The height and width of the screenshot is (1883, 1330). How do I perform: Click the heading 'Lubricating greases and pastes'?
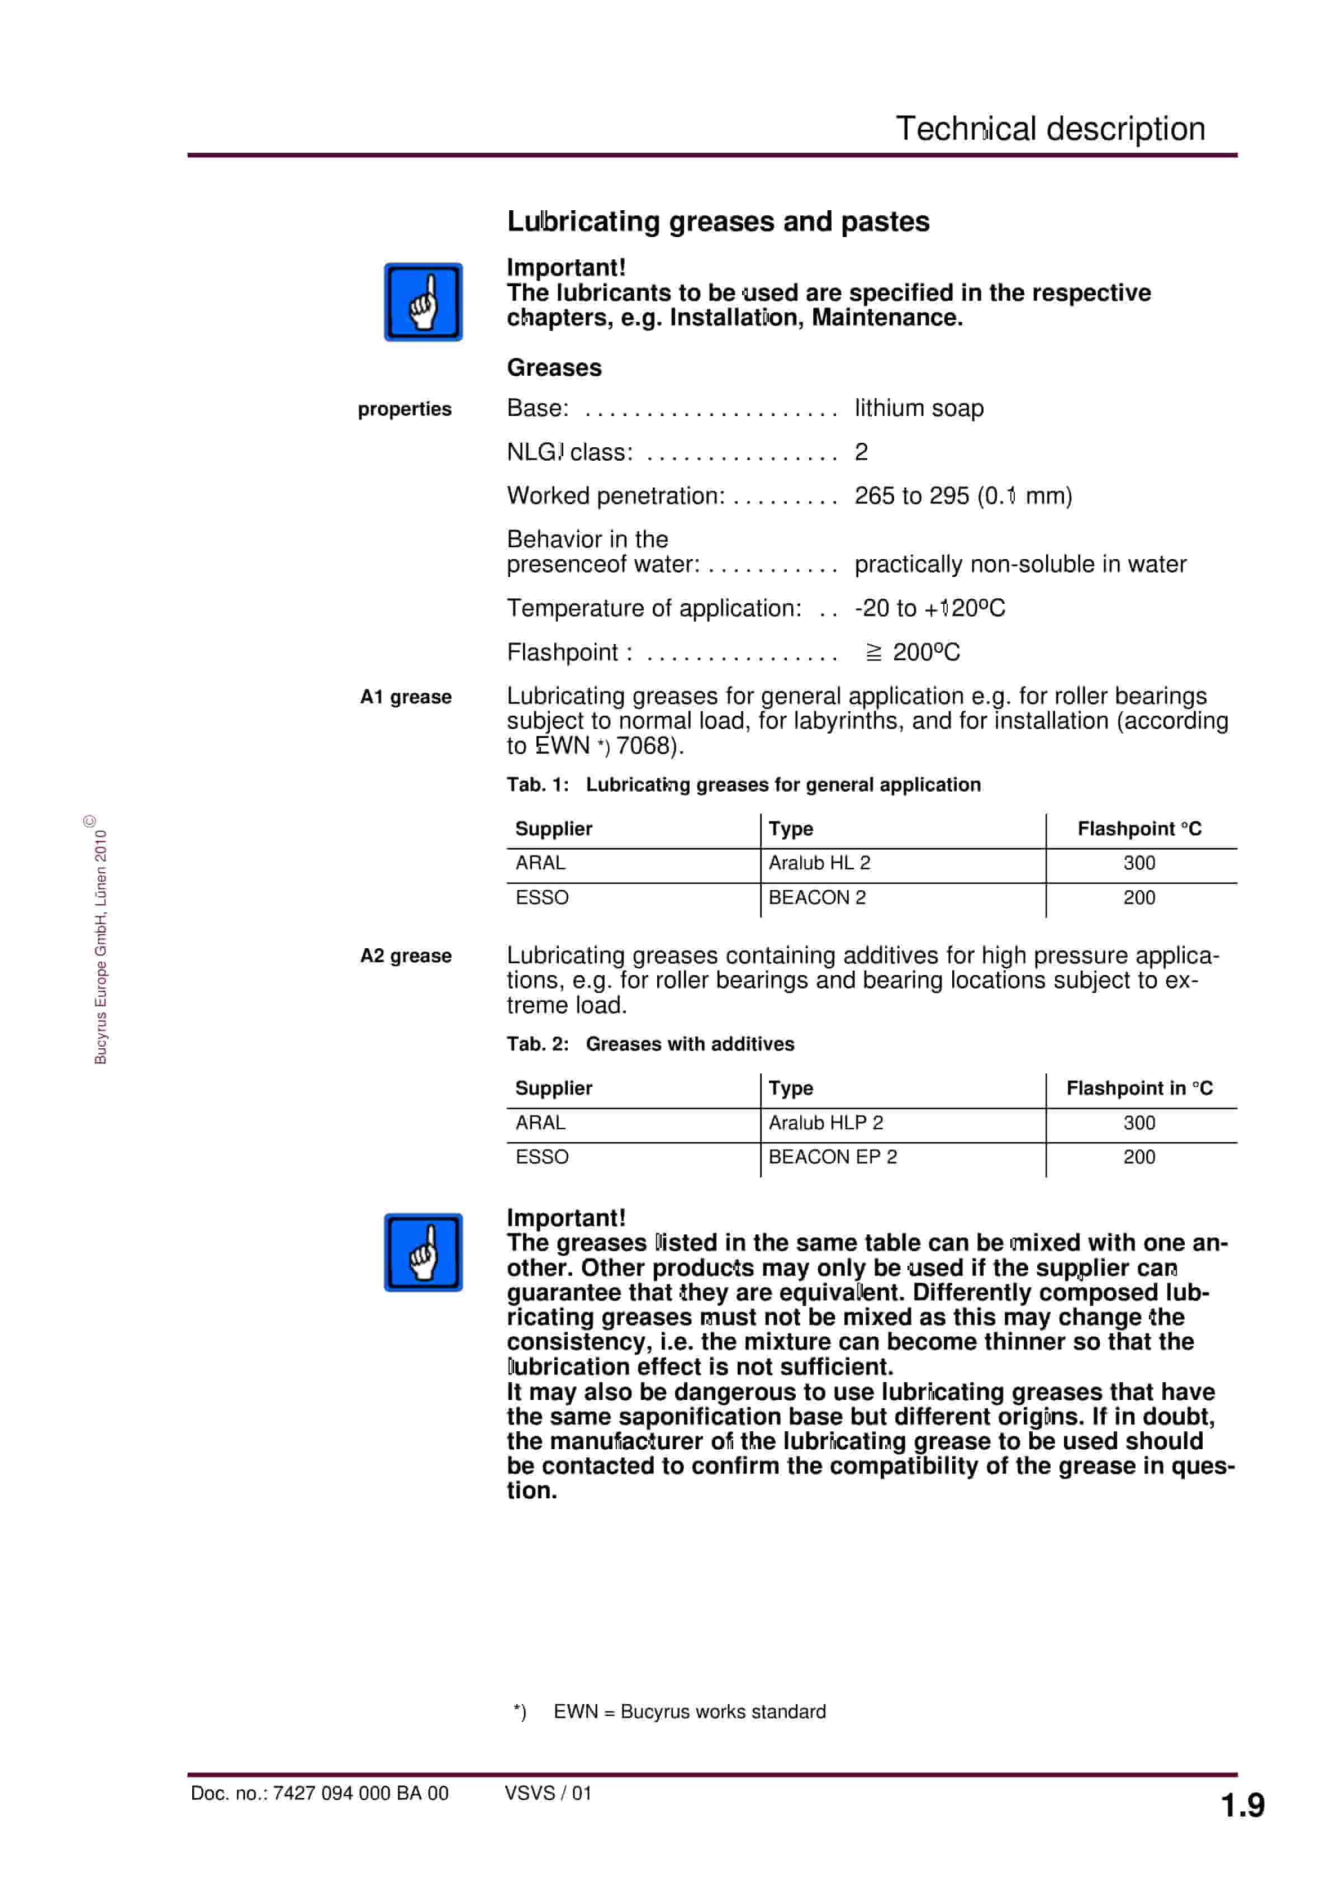coord(718,221)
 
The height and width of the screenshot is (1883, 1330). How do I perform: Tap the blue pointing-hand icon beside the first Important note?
coord(423,302)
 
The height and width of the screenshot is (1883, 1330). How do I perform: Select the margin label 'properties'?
coord(404,409)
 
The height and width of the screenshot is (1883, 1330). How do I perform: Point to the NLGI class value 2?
coord(861,452)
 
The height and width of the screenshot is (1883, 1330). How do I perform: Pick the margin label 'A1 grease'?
coord(405,697)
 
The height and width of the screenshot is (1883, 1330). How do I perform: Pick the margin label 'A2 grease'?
coord(405,956)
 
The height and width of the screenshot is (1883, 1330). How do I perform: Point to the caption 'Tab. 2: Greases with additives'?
coord(650,1044)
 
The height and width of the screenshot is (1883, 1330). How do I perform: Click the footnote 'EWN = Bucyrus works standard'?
coord(689,1711)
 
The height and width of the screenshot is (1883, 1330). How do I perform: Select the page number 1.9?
coord(1242,1806)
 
